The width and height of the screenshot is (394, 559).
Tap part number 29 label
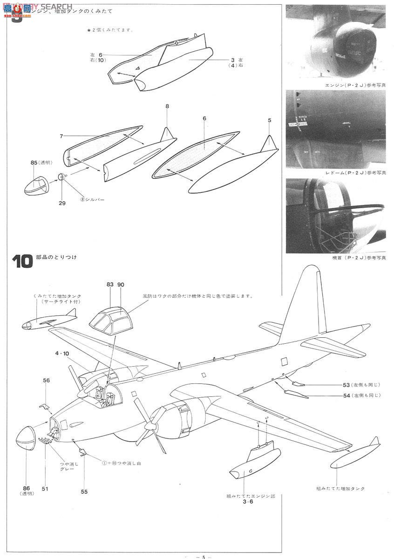tap(62, 203)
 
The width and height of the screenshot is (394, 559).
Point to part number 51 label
tap(46, 489)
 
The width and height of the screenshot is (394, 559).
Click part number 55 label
tap(84, 491)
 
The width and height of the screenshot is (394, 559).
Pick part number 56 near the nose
tap(46, 381)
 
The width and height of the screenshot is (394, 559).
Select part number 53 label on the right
tap(346, 385)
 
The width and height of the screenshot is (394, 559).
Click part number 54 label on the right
tap(346, 395)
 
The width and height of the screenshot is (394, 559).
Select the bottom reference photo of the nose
tap(335, 216)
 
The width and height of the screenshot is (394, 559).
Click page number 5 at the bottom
tap(204, 556)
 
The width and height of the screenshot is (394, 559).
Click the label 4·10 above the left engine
tap(62, 354)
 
